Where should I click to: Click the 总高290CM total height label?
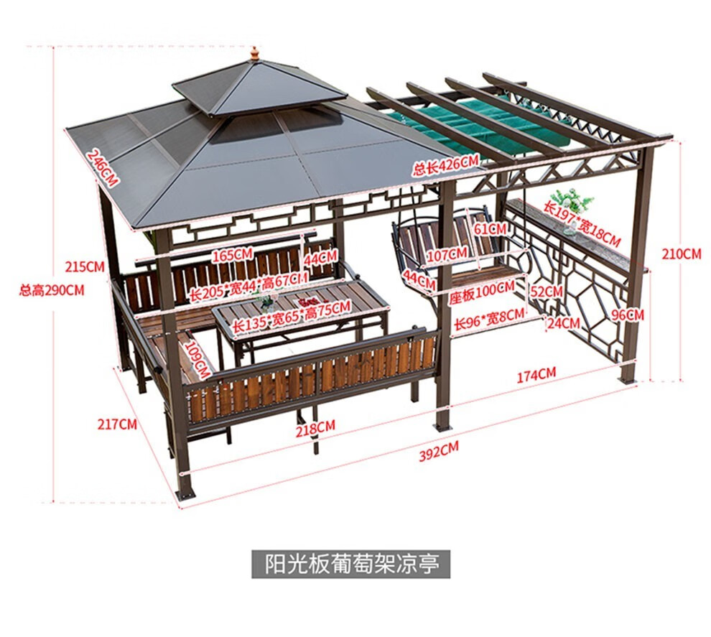(52, 290)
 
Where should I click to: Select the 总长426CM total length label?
(445, 166)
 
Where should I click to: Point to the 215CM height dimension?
(85, 266)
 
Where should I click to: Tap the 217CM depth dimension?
(117, 424)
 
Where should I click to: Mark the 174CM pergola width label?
(536, 373)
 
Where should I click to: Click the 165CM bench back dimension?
(233, 254)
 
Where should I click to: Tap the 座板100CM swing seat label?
(482, 289)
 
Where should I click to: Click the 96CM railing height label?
(627, 314)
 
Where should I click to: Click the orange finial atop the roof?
(254, 54)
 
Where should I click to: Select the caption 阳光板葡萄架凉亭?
(351, 564)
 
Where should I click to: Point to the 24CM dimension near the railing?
(562, 323)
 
